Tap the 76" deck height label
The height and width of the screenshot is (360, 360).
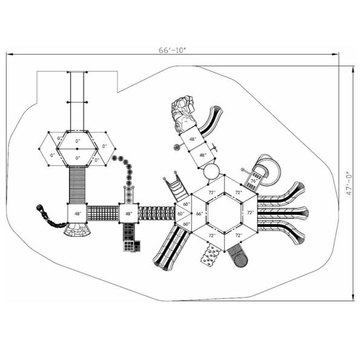254,180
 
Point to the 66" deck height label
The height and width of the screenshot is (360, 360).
198,214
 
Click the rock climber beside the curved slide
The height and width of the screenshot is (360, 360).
183,114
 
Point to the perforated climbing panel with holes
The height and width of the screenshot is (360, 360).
210,255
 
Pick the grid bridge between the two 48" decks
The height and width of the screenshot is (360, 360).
102,213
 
